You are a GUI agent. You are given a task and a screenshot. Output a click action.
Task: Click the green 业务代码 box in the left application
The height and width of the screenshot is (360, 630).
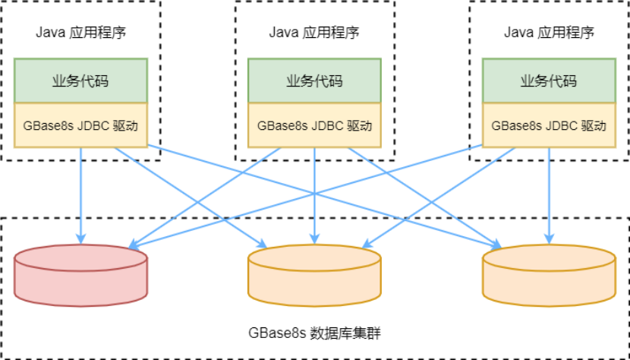pyautogui.click(x=80, y=81)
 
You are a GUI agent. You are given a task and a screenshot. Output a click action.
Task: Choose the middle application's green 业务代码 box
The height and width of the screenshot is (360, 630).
pyautogui.click(x=314, y=81)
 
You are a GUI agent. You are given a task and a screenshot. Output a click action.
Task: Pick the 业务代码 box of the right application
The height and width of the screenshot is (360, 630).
pyautogui.click(x=549, y=81)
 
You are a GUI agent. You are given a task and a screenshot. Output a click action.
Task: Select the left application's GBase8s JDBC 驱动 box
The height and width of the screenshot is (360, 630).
pyautogui.click(x=80, y=125)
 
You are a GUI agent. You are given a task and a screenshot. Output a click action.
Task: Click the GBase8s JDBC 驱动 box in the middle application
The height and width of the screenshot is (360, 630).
pyautogui.click(x=314, y=125)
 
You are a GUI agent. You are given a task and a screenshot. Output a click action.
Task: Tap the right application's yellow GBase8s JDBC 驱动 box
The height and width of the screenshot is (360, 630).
pyautogui.click(x=549, y=125)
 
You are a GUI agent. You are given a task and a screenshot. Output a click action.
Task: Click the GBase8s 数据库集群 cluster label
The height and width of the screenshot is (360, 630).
pyautogui.click(x=314, y=333)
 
